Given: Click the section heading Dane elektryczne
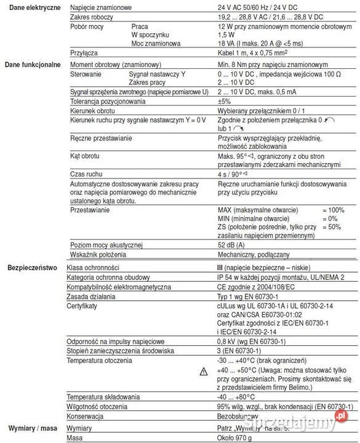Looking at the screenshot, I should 31,6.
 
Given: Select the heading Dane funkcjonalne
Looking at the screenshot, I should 32,64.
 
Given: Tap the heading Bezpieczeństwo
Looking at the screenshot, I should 32,268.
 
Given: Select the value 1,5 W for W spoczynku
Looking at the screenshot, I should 226,35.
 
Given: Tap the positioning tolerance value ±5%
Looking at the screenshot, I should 224,101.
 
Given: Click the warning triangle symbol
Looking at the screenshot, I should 204,372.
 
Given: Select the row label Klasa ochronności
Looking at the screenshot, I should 93,268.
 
